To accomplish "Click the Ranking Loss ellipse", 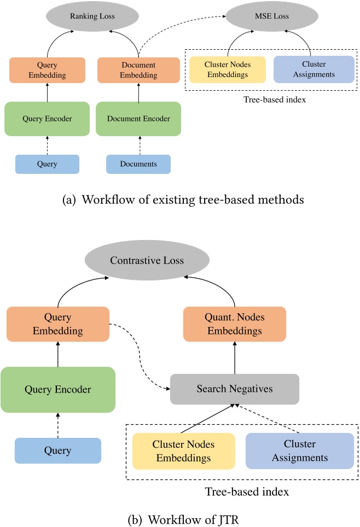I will (92, 16).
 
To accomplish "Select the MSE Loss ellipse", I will (265, 16).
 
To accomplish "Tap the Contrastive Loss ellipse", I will (147, 260).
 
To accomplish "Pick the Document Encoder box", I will (138, 118).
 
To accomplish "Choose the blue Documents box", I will (138, 163).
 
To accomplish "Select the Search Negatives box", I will (234, 389).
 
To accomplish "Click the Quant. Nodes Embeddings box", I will (234, 324).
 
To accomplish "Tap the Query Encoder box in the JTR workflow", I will (58, 390).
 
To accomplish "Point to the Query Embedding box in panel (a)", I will (47, 70).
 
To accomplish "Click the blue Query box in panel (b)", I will (58, 451).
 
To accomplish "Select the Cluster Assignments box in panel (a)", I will (313, 69).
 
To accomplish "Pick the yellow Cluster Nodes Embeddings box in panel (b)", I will (183, 451).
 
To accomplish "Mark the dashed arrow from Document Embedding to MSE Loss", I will (181, 27).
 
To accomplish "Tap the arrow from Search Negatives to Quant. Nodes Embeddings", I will (234, 358).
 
